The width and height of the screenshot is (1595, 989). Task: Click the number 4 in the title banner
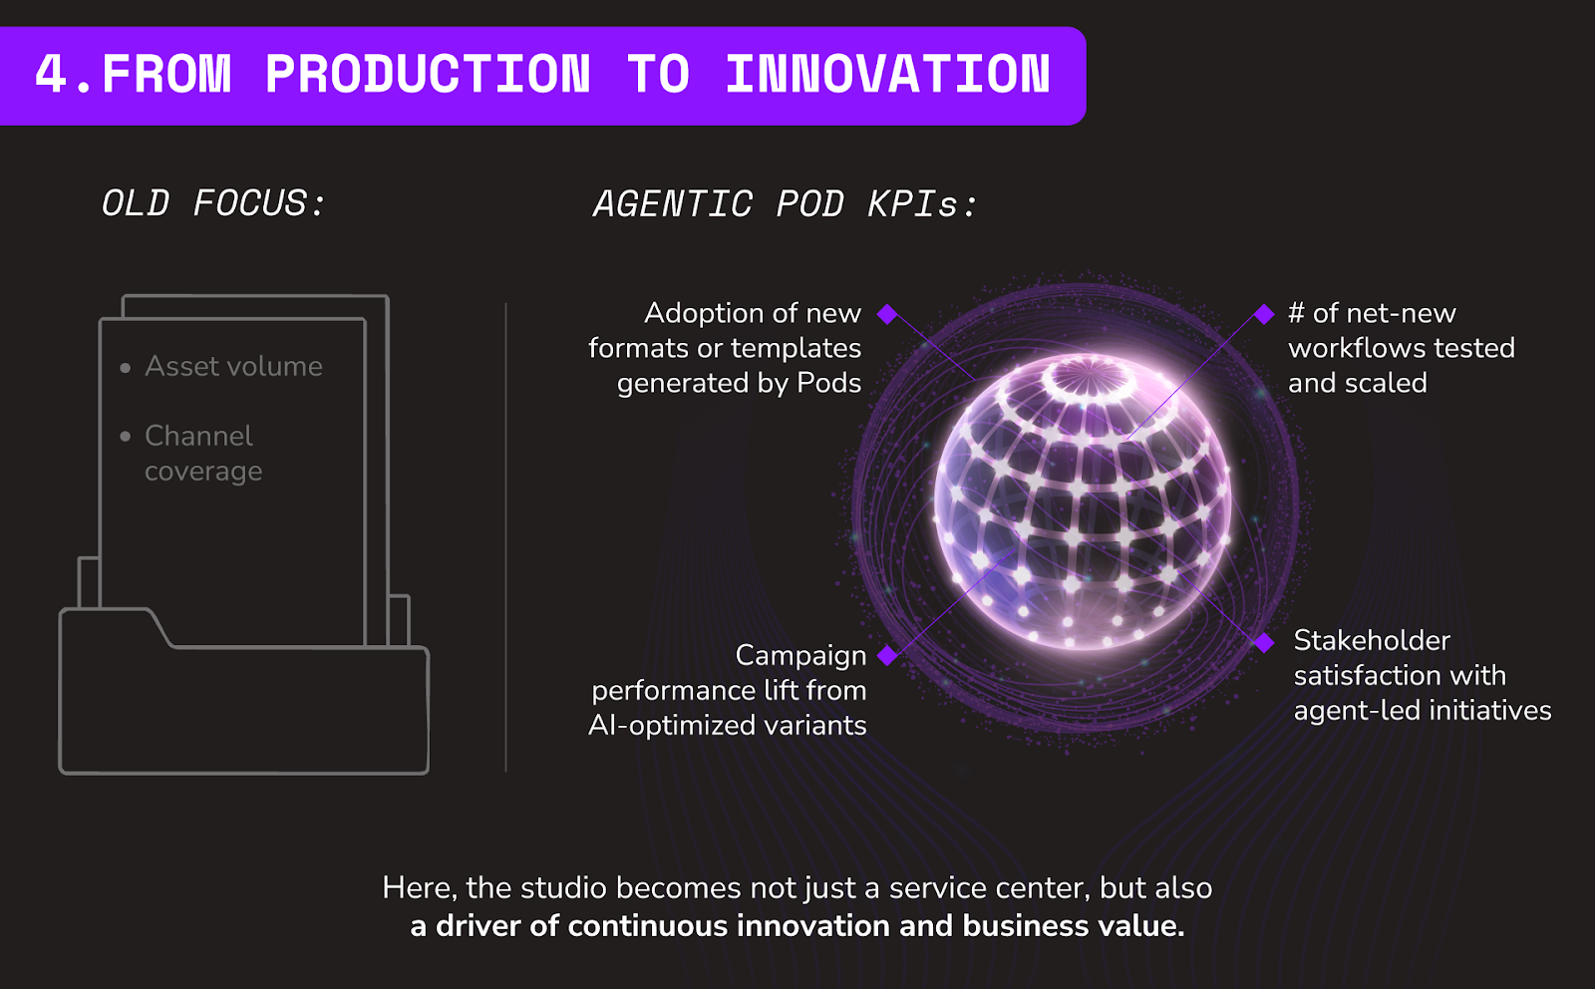[x=51, y=74]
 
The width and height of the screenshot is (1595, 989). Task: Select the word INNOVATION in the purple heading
[x=888, y=74]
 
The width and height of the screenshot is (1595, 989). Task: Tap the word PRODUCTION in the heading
[x=428, y=74]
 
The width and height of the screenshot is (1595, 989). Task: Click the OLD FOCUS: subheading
[x=213, y=203]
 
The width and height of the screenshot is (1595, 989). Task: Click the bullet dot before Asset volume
[x=126, y=368]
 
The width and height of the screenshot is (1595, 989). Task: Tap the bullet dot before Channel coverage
[x=126, y=436]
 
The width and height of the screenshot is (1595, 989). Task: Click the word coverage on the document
[x=203, y=472]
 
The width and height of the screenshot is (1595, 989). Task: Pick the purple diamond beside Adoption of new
[x=887, y=314]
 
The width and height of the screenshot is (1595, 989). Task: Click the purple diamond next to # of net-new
[x=1264, y=314]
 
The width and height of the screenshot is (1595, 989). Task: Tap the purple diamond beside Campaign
[x=887, y=655]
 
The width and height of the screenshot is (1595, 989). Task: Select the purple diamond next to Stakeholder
[x=1264, y=642]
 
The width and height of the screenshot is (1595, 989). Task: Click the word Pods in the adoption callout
[x=828, y=383]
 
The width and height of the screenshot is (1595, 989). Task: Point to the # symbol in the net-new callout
[x=1297, y=313]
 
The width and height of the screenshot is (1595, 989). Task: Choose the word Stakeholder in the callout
[x=1372, y=641]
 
